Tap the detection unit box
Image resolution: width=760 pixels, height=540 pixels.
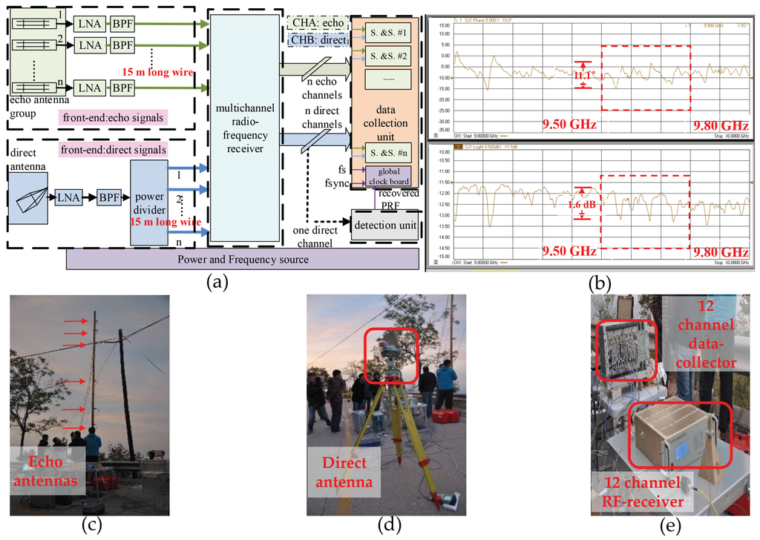click(384, 225)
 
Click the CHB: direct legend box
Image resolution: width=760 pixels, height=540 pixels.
click(317, 39)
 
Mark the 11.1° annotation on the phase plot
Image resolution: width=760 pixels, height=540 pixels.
click(586, 76)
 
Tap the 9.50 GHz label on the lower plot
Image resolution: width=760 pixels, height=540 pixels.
click(569, 252)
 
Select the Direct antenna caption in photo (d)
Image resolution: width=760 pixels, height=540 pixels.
click(345, 472)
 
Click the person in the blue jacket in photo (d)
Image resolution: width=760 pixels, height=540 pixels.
click(446, 382)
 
